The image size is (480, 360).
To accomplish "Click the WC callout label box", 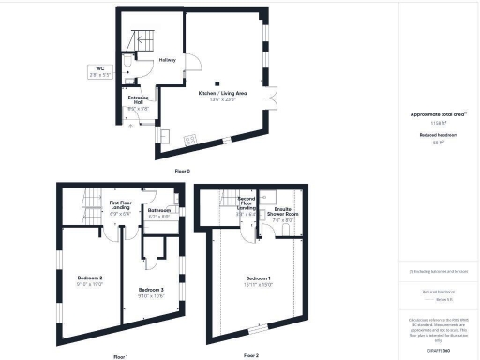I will [x=99, y=70].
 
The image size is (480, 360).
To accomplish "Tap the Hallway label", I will [x=167, y=60].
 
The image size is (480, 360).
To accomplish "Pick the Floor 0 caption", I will [x=182, y=171].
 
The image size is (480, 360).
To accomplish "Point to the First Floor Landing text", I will [x=125, y=205].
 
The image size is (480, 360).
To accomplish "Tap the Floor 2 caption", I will [x=250, y=355].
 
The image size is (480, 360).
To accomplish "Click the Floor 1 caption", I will [x=120, y=356].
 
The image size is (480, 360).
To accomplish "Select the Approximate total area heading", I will [x=436, y=114].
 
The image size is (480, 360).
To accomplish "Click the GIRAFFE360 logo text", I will [x=437, y=349].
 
